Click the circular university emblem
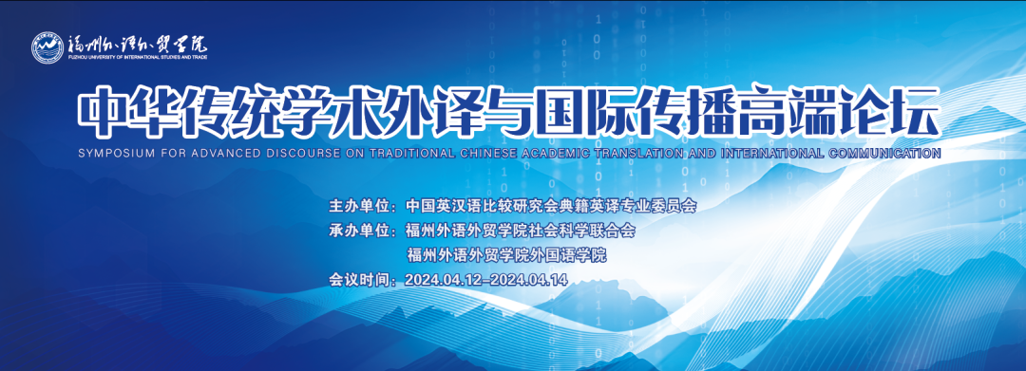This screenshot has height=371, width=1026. [x=47, y=46]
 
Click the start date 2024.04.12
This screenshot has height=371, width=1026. [x=444, y=280]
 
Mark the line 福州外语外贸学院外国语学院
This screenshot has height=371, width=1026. [x=506, y=254]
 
